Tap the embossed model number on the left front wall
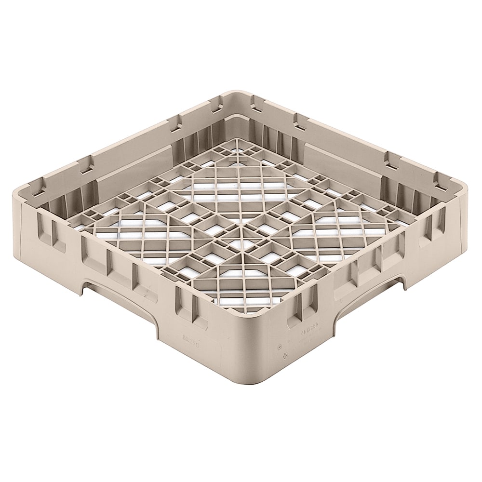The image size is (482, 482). pyautogui.click(x=192, y=339)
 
